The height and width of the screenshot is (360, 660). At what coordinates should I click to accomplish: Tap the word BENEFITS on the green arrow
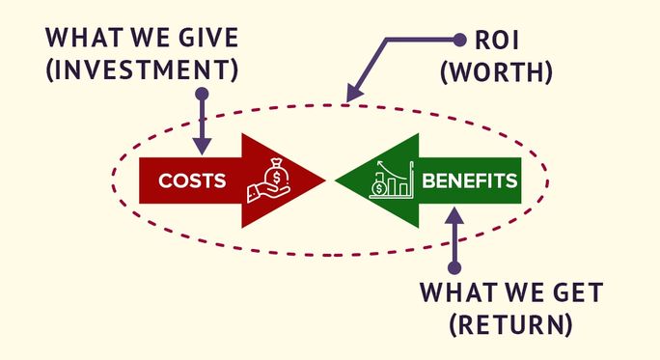469,180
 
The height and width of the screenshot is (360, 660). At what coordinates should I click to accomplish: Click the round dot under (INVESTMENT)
202,95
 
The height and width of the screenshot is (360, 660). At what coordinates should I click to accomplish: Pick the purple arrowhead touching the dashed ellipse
351,96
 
